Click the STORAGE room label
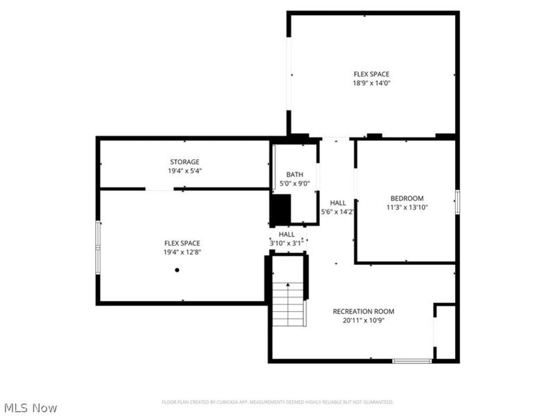pos(185,162)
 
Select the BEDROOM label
pos(406,198)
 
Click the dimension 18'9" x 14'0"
pos(371,83)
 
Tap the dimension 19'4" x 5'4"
pos(185,171)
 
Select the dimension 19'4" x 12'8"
pos(182,252)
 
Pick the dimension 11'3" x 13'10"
pos(406,207)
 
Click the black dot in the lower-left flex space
pos(177,270)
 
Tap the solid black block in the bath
pos(280,209)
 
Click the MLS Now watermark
pos(31,408)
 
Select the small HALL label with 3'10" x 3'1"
pos(287,234)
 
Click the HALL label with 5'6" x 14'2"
pos(338,202)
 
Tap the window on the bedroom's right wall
pos(457,201)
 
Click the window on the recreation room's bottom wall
pos(412,361)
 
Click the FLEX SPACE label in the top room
pos(371,74)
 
